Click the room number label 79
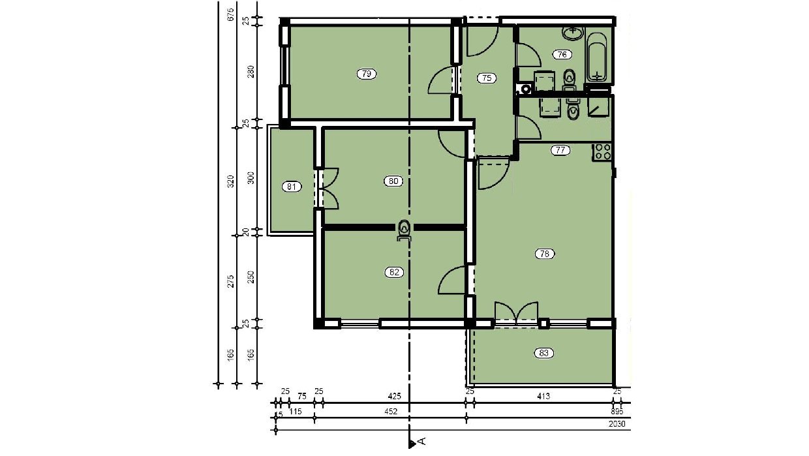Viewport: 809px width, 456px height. (x=367, y=74)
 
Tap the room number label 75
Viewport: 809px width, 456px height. (x=486, y=78)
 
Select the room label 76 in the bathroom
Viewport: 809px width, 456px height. (x=561, y=55)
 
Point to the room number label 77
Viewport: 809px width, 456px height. (x=560, y=150)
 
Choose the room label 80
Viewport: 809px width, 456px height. (x=393, y=181)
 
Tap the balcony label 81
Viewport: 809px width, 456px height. (x=292, y=187)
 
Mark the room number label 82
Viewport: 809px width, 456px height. (x=393, y=273)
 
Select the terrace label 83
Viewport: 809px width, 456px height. (x=544, y=354)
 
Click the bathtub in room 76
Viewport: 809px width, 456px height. (x=596, y=57)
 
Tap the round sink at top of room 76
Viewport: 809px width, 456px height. (x=574, y=31)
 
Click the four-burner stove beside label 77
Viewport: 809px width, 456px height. (x=602, y=152)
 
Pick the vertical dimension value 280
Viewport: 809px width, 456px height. (x=251, y=72)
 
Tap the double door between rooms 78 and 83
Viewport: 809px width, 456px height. (x=516, y=313)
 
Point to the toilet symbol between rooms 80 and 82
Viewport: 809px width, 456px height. (x=404, y=230)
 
